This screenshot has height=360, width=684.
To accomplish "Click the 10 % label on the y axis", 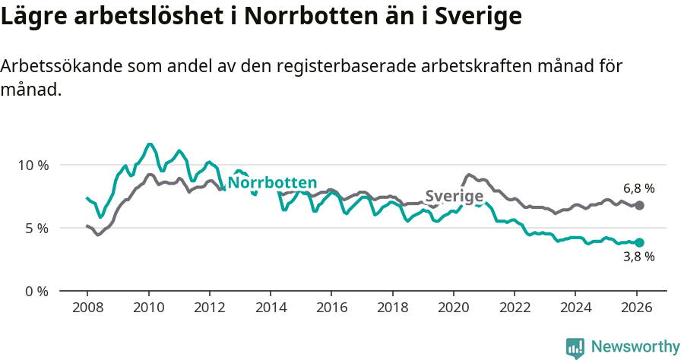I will (33, 165).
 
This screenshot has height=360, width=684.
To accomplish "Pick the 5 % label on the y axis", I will (36, 228).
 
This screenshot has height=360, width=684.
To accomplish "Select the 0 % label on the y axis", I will (36, 291).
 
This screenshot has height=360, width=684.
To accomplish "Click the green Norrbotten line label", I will (272, 183).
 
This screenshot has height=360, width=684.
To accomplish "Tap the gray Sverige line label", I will (454, 197).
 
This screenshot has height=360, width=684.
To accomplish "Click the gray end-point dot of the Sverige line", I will (639, 206).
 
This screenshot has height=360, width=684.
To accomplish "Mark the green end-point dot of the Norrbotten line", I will (639, 243).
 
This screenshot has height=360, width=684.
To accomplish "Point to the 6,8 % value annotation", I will (638, 188).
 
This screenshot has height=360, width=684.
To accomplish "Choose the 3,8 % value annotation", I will (638, 257).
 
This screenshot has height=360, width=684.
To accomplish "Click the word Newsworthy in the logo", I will (635, 347).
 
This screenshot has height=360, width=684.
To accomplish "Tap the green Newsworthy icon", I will (575, 348).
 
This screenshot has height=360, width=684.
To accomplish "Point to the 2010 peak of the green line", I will (150, 144).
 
